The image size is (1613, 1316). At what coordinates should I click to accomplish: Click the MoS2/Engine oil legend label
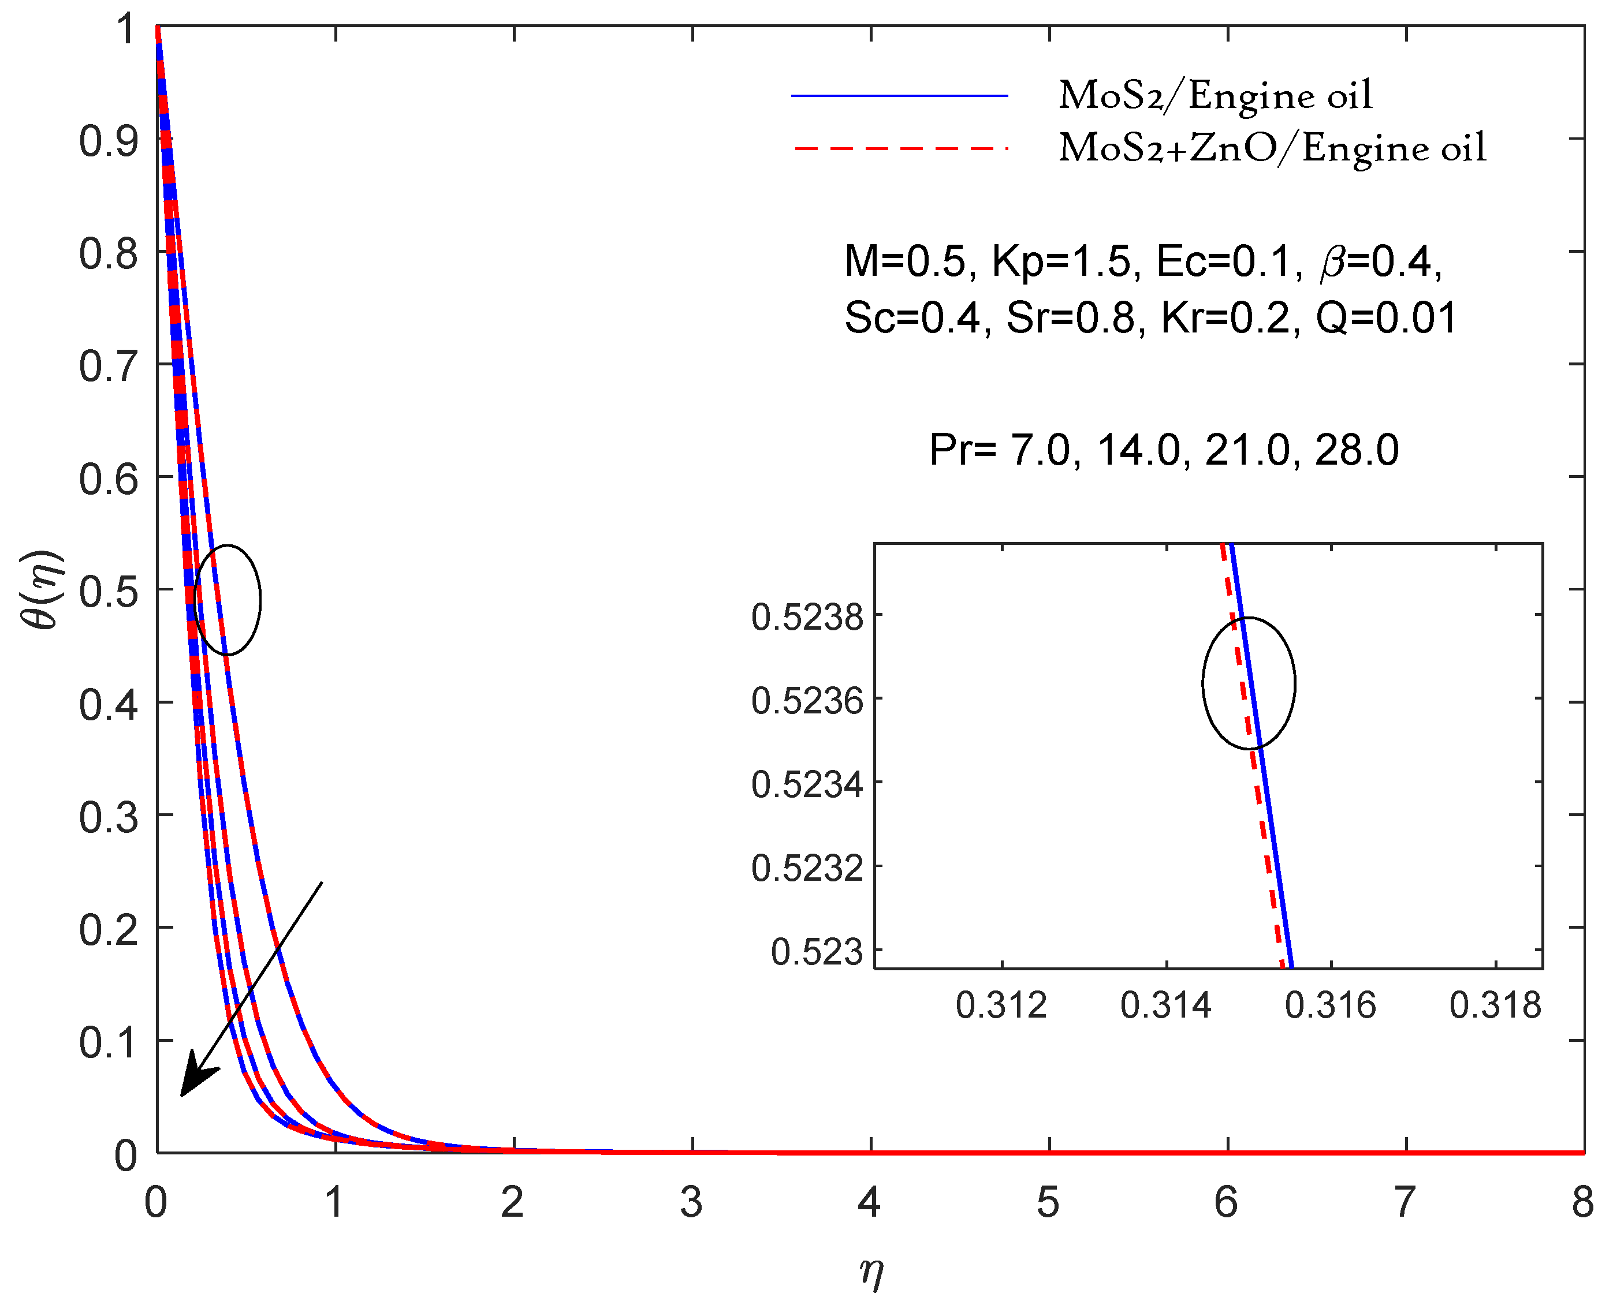(1215, 96)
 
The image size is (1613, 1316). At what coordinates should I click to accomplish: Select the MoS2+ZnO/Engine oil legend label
(1272, 148)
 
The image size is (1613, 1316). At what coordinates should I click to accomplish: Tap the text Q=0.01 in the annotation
(1386, 319)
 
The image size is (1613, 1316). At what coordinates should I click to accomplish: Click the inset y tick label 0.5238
(807, 618)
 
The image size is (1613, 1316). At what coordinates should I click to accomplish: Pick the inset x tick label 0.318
(1495, 1006)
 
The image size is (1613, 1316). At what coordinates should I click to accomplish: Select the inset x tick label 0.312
(1001, 1006)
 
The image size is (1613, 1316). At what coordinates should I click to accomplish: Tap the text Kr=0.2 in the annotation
(1225, 319)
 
